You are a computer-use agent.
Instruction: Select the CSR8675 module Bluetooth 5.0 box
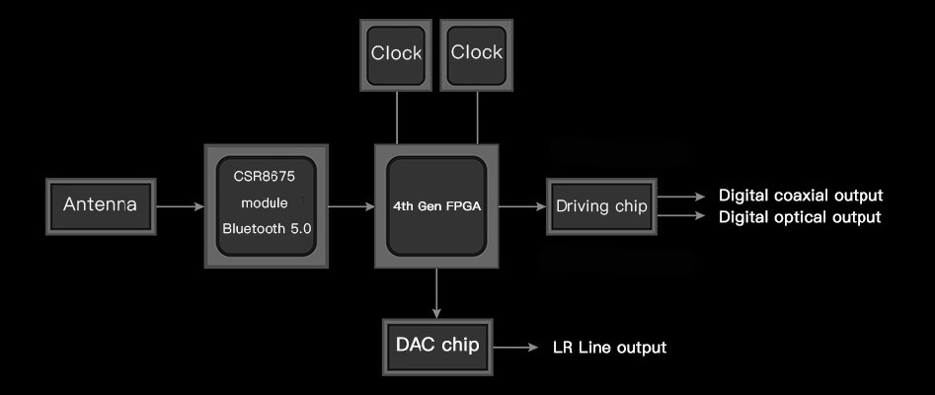tap(264, 205)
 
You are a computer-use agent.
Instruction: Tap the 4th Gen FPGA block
tap(436, 206)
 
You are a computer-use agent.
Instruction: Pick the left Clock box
tap(396, 53)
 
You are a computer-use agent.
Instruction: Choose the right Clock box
tap(476, 53)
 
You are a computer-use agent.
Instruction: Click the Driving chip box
tap(601, 206)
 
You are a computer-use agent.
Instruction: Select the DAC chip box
tap(437, 346)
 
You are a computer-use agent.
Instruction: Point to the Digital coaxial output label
tap(800, 196)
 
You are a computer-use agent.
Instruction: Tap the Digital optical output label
tap(799, 217)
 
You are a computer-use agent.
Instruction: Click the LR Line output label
tap(608, 348)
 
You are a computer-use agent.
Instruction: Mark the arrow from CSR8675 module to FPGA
tap(350, 207)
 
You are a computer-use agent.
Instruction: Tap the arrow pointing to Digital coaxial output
tap(681, 197)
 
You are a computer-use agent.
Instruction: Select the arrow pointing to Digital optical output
tap(681, 215)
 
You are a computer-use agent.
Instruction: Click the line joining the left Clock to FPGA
tap(396, 117)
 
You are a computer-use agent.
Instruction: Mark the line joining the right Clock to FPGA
tap(476, 117)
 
